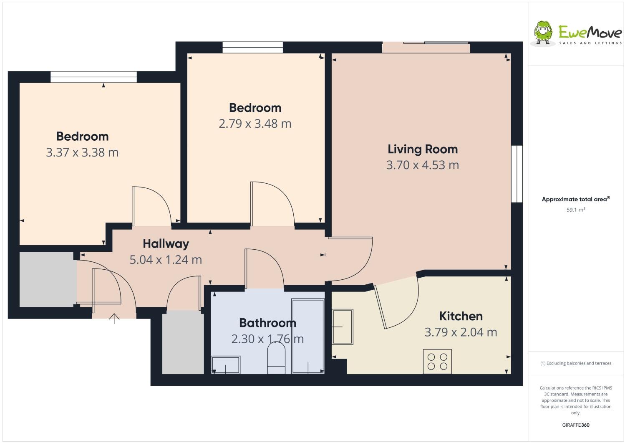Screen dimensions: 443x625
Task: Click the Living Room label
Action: (422, 149)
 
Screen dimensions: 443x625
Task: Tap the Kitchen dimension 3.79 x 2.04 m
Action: (461, 332)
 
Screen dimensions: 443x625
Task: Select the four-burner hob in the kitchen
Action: (437, 362)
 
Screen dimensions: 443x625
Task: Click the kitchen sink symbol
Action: (343, 327)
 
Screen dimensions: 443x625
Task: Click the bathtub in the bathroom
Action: (308, 336)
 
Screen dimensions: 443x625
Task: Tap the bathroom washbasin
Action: (225, 365)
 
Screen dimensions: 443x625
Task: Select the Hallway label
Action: (166, 244)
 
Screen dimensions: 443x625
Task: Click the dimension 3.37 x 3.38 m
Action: (82, 152)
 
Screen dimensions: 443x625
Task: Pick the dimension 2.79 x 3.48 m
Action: (255, 124)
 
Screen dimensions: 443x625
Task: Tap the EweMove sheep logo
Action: (543, 32)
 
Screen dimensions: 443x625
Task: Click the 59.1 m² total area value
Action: (575, 210)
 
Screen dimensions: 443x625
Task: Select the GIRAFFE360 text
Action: (576, 425)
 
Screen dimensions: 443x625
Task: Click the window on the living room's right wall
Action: (517, 174)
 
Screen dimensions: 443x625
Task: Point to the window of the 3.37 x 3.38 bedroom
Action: (93, 77)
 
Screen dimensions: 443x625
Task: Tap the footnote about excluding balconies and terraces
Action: (576, 363)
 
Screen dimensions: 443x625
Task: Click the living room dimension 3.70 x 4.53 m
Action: (422, 165)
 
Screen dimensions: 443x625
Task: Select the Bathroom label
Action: (267, 323)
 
